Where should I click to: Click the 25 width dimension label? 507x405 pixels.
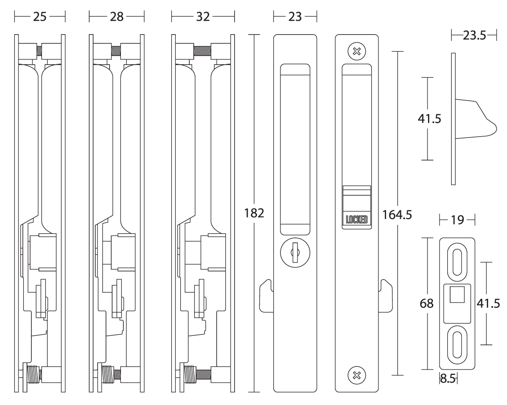pos(40,18)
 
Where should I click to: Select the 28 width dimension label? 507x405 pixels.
pos(116,18)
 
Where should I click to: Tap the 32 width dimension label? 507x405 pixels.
pos(203,18)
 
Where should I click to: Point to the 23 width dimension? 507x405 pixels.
pos(295,18)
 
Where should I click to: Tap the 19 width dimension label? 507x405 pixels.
pos(457,221)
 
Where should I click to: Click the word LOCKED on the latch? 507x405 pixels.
pos(357,220)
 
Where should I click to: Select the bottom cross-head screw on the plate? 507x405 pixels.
pos(357,374)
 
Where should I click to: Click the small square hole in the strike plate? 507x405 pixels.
pos(457,297)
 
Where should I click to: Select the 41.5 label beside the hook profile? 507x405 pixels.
pos(430,119)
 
